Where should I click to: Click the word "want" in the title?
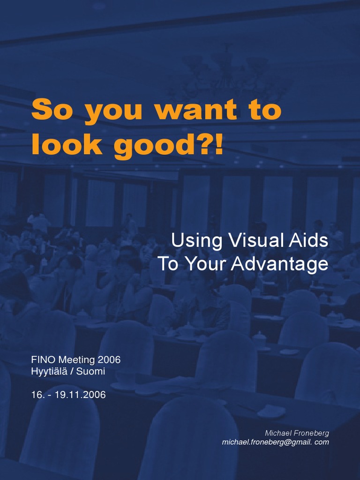click(196, 111)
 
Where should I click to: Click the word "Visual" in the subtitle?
click(251, 241)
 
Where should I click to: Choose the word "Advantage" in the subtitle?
click(281, 264)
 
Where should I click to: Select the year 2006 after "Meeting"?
click(109, 360)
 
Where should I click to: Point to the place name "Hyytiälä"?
click(51, 372)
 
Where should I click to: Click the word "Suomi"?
click(91, 372)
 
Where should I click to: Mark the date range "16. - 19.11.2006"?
click(68, 395)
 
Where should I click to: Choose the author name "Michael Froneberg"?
click(297, 433)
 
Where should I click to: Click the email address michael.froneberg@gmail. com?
click(276, 442)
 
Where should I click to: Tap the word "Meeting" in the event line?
click(76, 360)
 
